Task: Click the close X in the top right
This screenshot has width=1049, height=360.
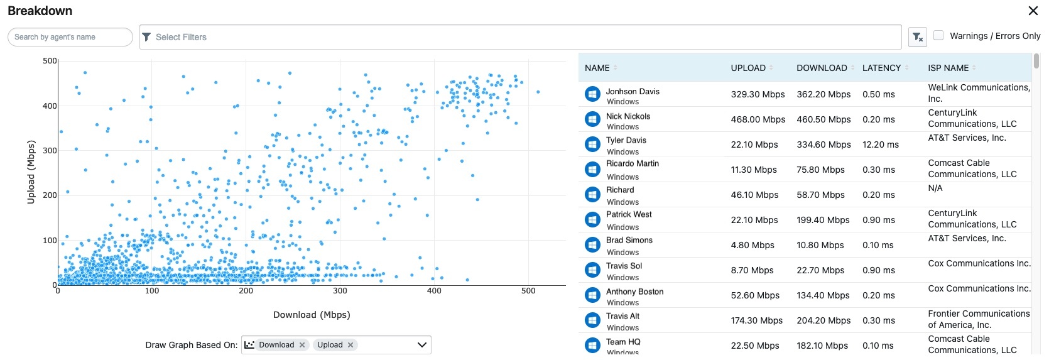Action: click(1033, 11)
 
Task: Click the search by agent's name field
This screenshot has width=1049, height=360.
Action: click(70, 37)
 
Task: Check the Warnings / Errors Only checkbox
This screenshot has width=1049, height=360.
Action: click(938, 36)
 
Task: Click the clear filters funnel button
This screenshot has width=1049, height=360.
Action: click(918, 38)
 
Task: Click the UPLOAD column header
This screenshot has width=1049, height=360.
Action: click(748, 68)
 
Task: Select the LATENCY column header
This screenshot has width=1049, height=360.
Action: click(881, 68)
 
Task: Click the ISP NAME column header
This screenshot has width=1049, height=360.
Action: click(948, 68)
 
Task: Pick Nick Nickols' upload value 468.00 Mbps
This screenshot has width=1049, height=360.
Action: click(758, 119)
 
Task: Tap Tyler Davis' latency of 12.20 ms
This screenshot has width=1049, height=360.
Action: click(880, 145)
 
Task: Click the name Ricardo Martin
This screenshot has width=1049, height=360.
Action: click(632, 163)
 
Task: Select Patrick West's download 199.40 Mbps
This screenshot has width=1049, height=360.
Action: click(823, 220)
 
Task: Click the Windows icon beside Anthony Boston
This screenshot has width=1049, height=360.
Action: click(592, 295)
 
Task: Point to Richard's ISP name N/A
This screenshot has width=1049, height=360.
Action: click(935, 188)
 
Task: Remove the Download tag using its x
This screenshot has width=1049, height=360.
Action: click(302, 345)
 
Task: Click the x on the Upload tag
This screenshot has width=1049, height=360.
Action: click(351, 345)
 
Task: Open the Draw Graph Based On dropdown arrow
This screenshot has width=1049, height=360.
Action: click(422, 345)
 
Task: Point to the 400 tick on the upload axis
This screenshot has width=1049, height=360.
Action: click(50, 106)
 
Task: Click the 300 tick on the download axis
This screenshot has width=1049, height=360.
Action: click(340, 291)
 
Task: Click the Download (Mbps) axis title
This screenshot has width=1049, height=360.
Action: click(312, 315)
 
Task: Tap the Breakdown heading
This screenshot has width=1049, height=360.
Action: click(40, 11)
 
